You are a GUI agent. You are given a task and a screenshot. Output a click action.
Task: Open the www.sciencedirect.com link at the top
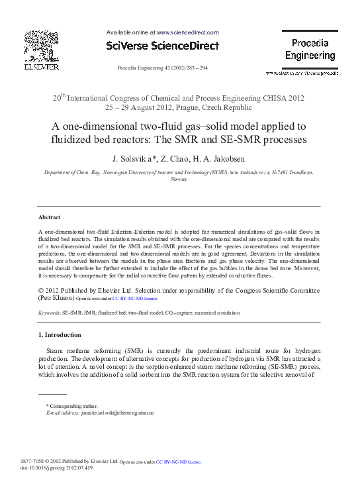tap(187, 32)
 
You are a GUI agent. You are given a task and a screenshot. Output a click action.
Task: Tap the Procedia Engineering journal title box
tap(310, 50)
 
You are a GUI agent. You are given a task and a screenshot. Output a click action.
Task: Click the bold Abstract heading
tap(49, 217)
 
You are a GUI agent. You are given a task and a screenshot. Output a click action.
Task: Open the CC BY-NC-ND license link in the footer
tap(179, 462)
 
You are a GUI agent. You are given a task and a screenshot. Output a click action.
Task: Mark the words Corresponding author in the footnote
tap(73, 406)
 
